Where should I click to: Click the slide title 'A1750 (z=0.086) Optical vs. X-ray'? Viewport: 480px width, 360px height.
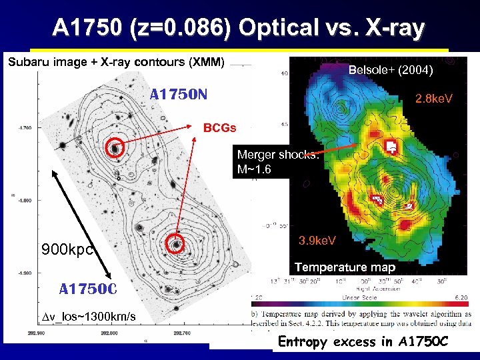point(238,28)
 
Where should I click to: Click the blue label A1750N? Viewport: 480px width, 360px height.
point(179,94)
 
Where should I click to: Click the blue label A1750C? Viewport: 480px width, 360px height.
point(88,289)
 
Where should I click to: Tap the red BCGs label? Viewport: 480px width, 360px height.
point(219,127)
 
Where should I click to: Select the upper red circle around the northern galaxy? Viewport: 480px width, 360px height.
point(116,147)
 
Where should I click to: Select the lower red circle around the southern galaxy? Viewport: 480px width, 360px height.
point(176,245)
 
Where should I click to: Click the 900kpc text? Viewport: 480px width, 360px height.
point(66,250)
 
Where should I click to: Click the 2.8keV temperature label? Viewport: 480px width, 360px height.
point(433,99)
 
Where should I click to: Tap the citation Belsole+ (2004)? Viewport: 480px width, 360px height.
point(391,70)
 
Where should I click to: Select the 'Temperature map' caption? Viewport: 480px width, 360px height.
point(345,267)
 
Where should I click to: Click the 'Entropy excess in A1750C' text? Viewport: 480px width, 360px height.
point(364,342)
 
